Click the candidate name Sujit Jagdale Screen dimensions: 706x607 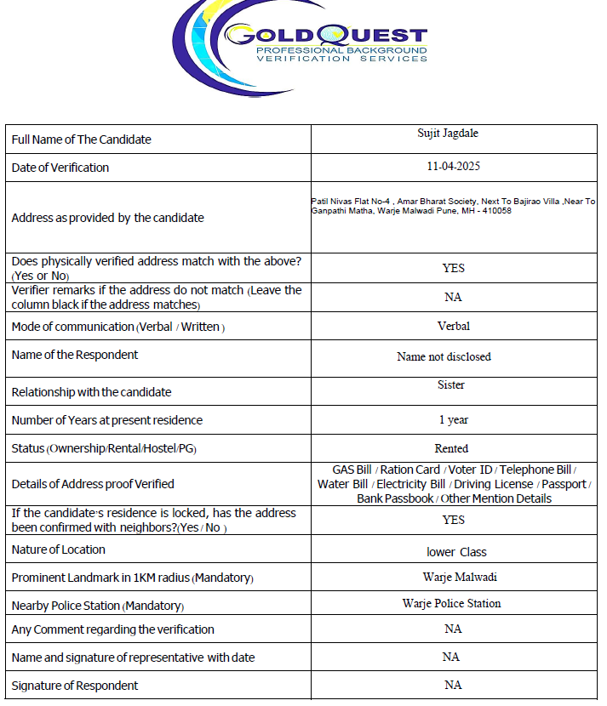tap(454, 133)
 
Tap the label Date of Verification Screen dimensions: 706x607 tap(60, 168)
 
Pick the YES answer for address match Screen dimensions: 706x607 tap(453, 268)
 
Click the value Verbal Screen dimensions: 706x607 tap(453, 326)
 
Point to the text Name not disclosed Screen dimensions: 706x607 tap(444, 357)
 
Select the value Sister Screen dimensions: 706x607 tap(451, 385)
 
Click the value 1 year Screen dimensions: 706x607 tap(454, 420)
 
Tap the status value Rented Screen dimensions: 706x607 tap(451, 448)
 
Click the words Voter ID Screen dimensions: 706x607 tap(470, 470)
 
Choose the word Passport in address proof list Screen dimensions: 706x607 tap(564, 484)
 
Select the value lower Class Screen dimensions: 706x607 tap(456, 552)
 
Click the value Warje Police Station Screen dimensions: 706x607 tap(451, 604)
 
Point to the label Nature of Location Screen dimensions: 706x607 tap(59, 549)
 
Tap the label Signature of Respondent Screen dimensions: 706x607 tap(75, 686)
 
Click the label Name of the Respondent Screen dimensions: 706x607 tap(75, 355)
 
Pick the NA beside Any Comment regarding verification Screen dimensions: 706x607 tap(453, 629)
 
